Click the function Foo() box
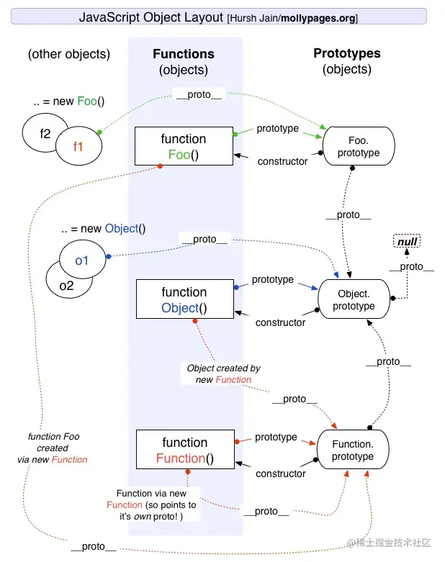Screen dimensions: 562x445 184,147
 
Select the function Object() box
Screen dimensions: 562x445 184,300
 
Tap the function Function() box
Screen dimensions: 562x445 184,450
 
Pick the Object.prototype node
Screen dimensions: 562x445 354,300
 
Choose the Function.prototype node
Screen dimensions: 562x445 353,450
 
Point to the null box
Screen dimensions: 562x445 408,242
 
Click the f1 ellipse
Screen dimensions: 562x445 78,146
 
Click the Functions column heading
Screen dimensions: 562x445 184,54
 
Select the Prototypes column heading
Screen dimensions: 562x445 347,53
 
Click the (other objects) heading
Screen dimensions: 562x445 69,54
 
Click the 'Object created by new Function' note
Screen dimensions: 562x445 224,373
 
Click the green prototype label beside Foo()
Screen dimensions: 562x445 277,129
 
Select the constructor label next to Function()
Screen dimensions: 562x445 281,473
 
